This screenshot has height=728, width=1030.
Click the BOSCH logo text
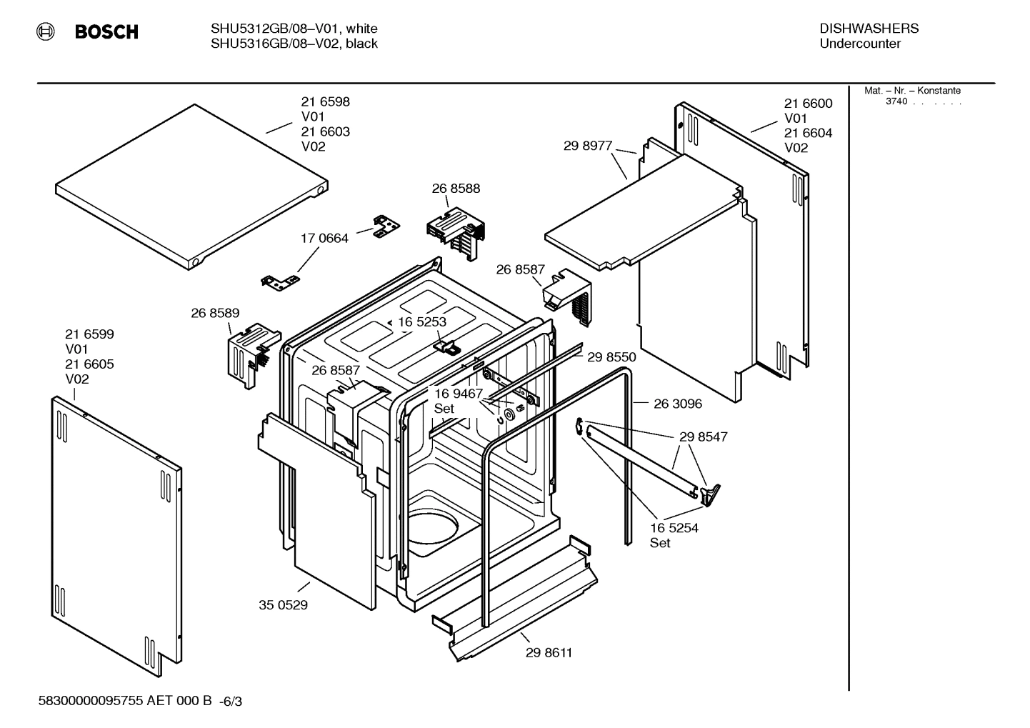pos(106,32)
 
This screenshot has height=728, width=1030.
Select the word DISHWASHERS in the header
pos(869,29)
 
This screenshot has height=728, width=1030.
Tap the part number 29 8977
pos(587,146)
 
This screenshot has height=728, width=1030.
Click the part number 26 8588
pos(456,189)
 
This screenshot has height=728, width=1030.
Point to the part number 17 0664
pos(324,238)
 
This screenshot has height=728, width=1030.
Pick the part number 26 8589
pos(215,313)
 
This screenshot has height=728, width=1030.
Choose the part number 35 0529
pos(283,605)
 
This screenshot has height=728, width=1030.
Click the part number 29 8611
pos(549,652)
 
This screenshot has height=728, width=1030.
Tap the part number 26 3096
pos(678,404)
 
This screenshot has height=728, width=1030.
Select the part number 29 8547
pos(703,437)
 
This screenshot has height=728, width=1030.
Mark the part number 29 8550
pos(611,357)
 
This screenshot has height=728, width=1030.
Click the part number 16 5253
pos(422,322)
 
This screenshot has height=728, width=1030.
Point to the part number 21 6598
pos(325,102)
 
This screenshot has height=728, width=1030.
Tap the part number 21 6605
pos(89,364)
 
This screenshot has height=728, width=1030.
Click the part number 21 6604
pos(808,133)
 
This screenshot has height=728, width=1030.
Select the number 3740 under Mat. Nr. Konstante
pos(896,101)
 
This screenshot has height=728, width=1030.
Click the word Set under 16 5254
pos(660,543)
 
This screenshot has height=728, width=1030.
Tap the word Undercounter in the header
pos(860,44)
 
